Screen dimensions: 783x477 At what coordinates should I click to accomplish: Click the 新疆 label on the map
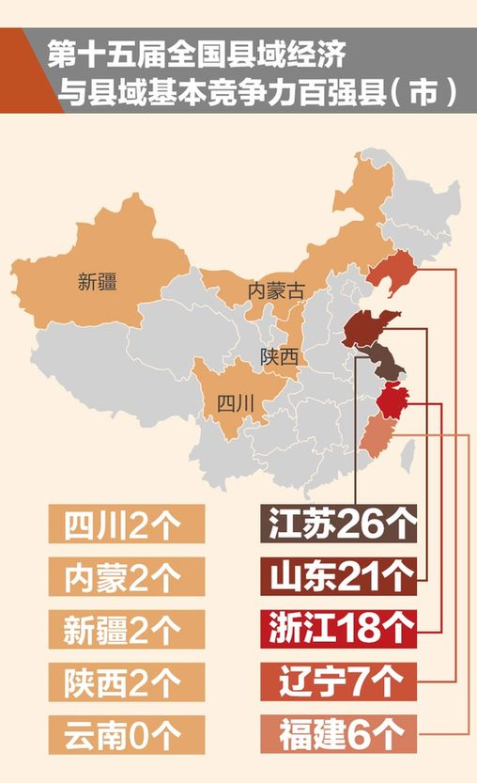coord(98,281)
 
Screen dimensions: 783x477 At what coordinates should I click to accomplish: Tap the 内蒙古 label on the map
coord(276,290)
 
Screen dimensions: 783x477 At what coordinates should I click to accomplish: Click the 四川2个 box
coord(126,525)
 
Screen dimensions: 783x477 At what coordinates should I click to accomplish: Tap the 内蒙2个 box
coord(126,576)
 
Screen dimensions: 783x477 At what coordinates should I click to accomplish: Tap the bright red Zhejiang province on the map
coord(392,399)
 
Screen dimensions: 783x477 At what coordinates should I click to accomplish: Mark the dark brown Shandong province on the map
coord(366,328)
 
